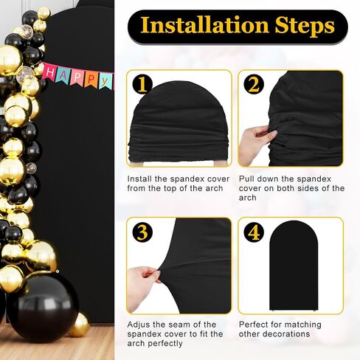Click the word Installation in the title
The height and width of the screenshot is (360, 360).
pos(204,25)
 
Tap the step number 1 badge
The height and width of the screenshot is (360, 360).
pos(142,85)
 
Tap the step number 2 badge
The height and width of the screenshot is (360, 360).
pos(254,85)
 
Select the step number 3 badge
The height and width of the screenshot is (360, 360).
pos(142,232)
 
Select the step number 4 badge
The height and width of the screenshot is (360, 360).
pos(254,232)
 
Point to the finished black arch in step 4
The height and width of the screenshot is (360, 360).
pos(294,266)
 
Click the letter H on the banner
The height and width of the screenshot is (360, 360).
pos(50,72)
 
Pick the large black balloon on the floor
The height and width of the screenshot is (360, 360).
pos(43,307)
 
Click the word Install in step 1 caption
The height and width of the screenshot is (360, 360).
pos(139,179)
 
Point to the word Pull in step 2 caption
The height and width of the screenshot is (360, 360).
pos(246,179)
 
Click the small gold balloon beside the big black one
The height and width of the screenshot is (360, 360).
pos(79,325)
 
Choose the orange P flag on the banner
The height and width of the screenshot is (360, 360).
pos(91,79)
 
